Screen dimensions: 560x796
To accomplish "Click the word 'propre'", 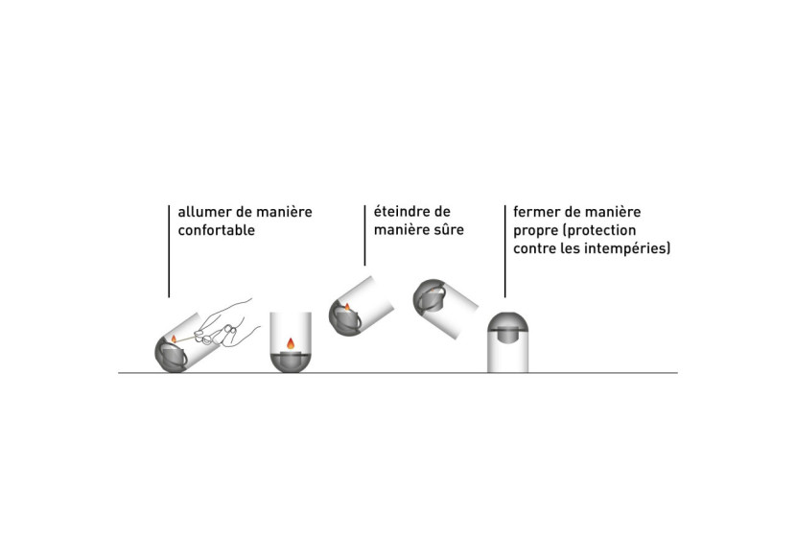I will [x=536, y=230].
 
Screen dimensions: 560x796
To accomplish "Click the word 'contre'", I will [x=536, y=248].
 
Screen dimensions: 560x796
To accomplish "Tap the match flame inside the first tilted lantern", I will [x=174, y=338].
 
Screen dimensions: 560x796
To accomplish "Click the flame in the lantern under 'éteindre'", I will [x=347, y=307].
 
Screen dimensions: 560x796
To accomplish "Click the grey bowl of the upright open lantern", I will [x=290, y=361].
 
